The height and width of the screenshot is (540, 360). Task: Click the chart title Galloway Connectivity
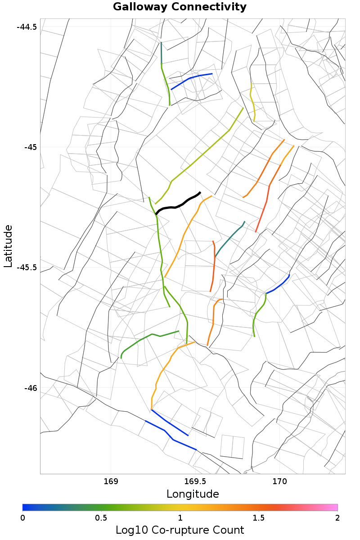point(180,7)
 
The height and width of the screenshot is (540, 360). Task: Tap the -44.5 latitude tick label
point(27,27)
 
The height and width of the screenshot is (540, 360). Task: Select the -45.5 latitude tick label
point(27,268)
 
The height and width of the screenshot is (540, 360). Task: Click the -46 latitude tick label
point(30,388)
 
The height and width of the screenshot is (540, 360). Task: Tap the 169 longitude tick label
point(111,481)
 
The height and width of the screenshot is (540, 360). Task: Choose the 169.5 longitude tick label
point(195,481)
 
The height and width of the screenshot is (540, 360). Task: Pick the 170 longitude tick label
point(279,481)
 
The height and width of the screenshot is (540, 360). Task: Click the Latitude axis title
point(8,246)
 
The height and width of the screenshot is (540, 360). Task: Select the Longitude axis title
point(193,494)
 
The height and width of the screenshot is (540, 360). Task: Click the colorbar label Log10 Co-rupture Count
point(180,530)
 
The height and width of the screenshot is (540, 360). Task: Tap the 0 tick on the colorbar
point(23,517)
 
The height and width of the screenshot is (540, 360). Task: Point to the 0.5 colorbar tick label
point(101,517)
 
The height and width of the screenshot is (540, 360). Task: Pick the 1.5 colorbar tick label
point(259,517)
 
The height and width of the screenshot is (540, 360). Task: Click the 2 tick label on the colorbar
point(337,517)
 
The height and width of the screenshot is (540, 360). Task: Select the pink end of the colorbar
point(333,507)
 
